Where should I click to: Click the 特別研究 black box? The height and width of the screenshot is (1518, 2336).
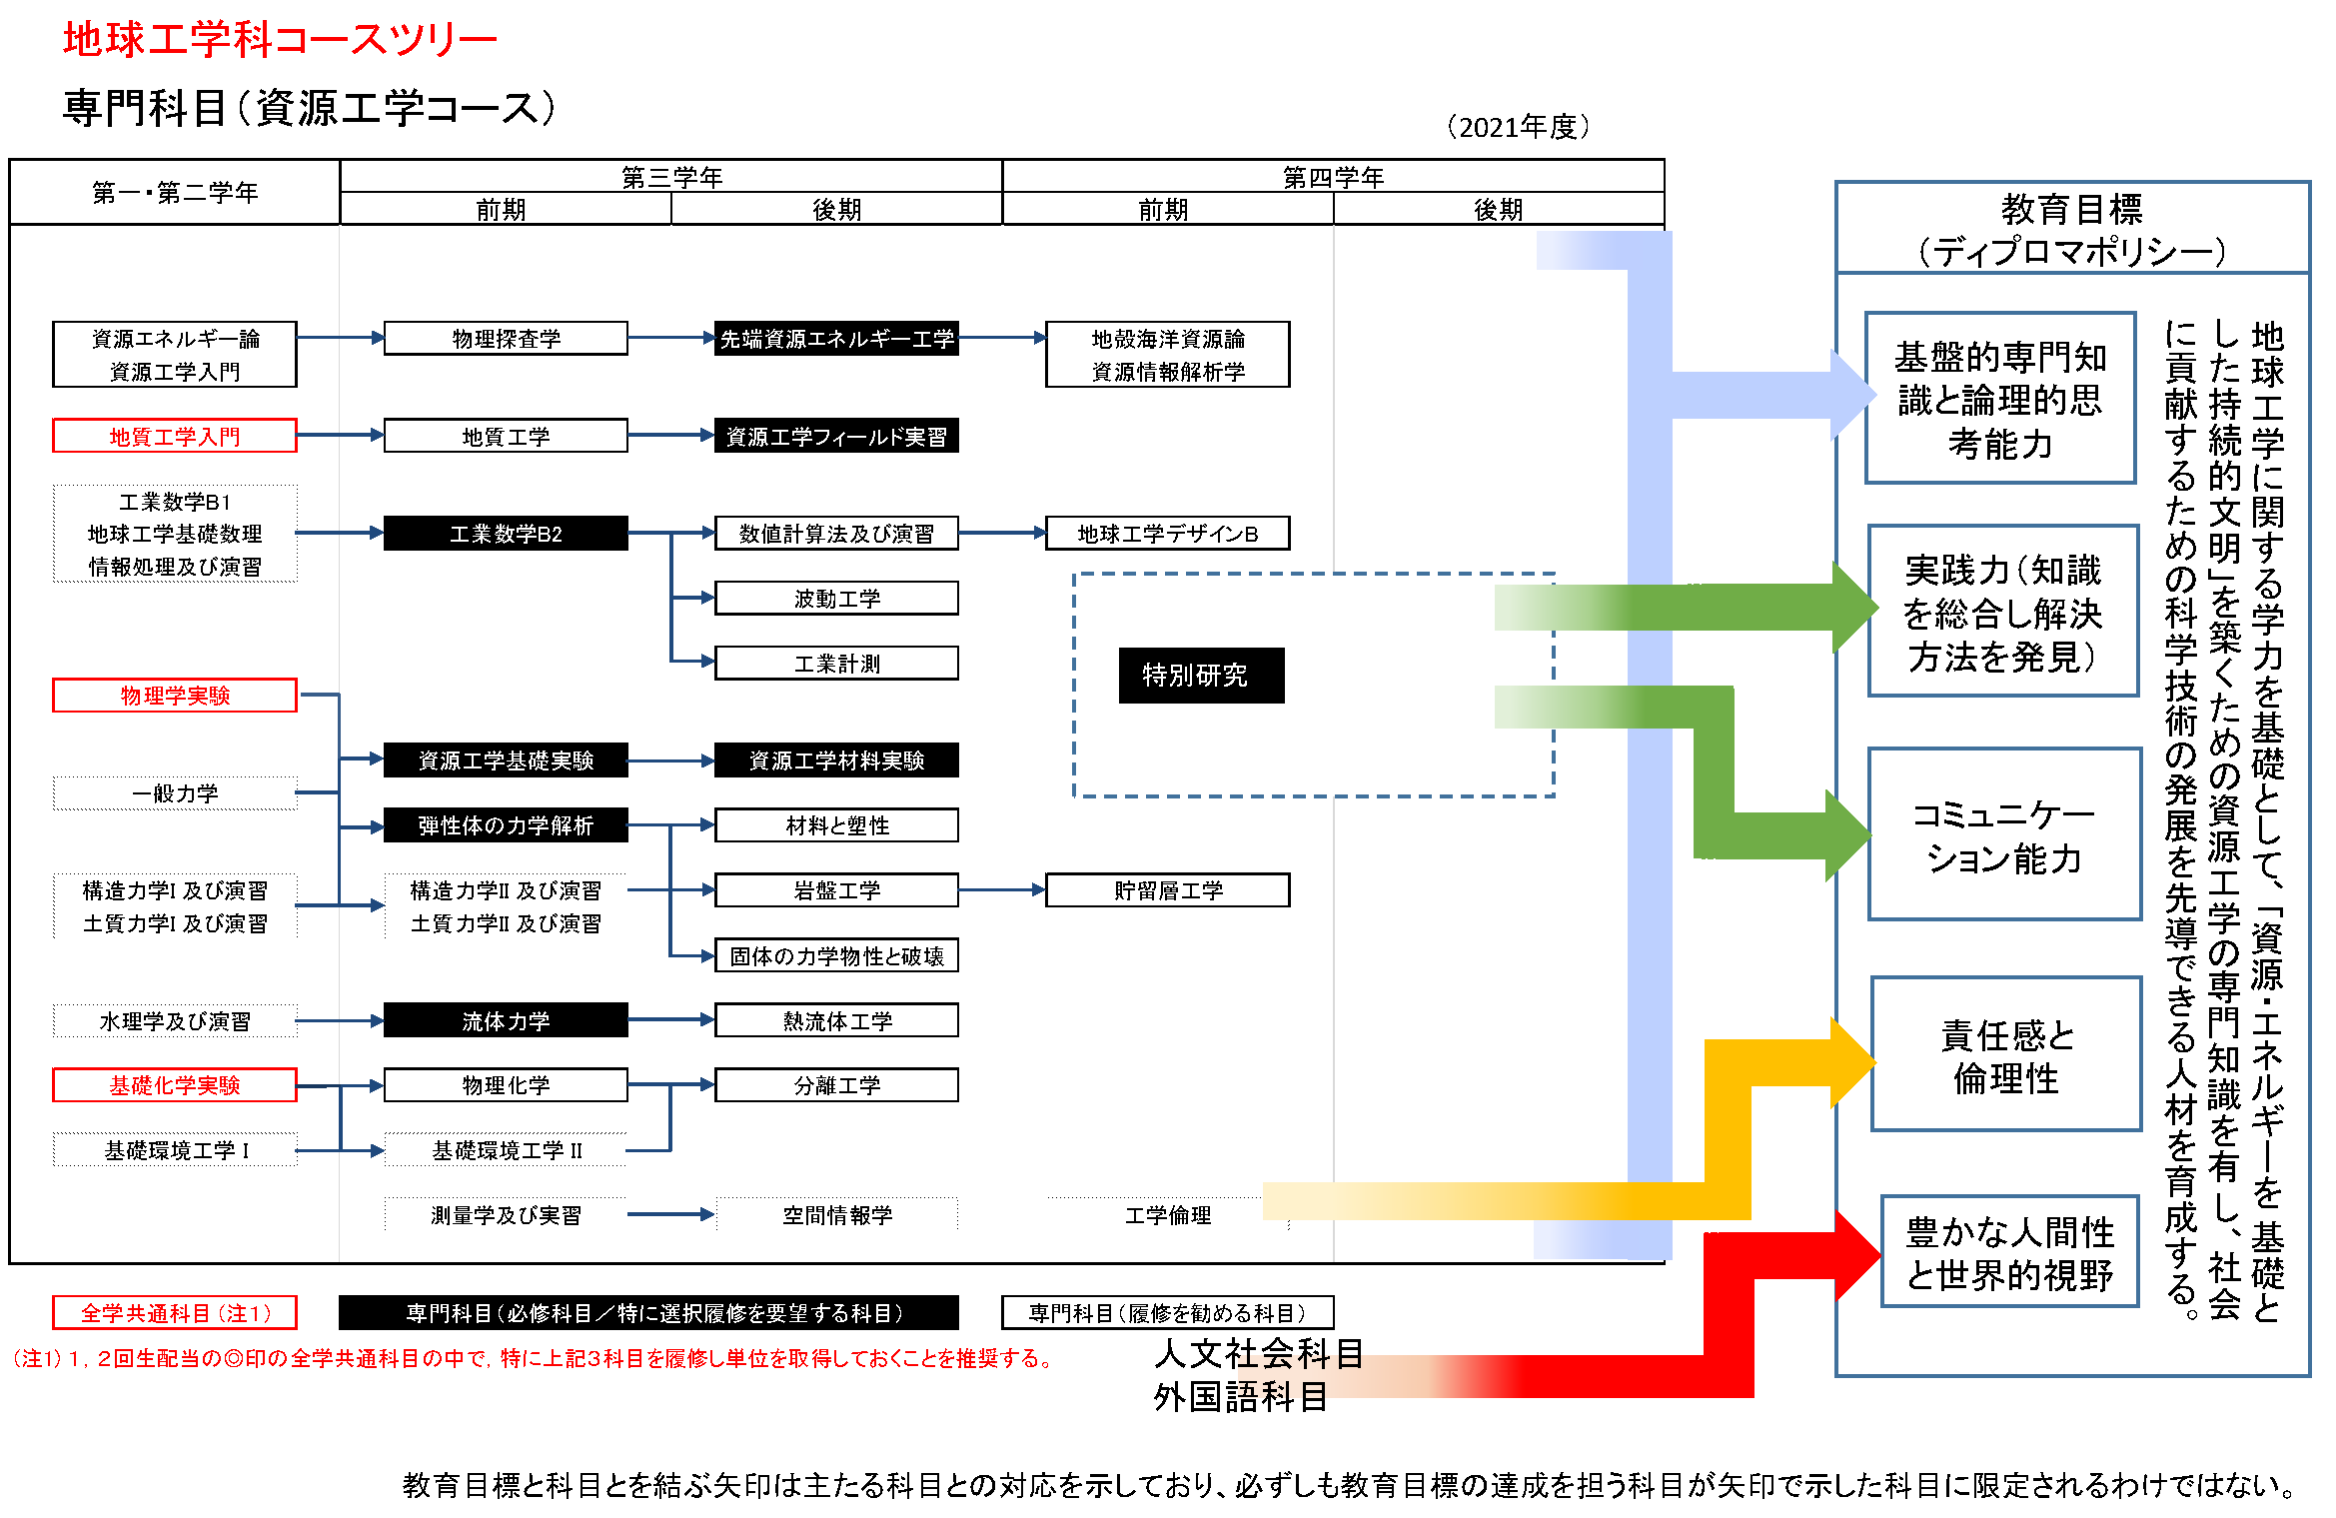tap(1201, 676)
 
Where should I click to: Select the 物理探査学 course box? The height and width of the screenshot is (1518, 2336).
tap(506, 339)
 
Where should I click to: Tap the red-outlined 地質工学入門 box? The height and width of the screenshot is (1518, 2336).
tap(175, 437)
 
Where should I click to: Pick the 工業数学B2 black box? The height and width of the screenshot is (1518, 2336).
tap(506, 534)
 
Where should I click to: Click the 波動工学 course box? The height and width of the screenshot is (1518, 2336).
tap(836, 599)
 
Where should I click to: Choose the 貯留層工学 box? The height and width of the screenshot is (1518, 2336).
tap(1167, 890)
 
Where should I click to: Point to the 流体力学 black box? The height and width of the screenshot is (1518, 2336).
tap(506, 1020)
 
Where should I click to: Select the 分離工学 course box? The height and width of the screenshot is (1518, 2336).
tap(836, 1085)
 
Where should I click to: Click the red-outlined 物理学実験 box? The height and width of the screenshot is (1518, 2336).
tap(175, 696)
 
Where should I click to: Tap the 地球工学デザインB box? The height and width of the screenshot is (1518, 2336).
tap(1167, 534)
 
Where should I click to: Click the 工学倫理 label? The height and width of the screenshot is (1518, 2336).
tap(1167, 1215)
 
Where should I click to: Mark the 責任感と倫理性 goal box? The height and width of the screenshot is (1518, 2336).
tap(2006, 1055)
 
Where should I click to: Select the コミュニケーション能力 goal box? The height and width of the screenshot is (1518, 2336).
tap(2004, 835)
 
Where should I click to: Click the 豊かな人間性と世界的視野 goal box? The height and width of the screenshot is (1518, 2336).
tap(2009, 1252)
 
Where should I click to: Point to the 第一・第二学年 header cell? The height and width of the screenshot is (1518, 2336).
tap(175, 192)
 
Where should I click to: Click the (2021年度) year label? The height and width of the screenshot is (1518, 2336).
tap(1518, 127)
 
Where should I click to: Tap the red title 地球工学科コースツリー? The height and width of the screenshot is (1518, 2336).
tap(280, 40)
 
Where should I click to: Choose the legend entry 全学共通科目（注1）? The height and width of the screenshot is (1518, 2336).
tap(175, 1313)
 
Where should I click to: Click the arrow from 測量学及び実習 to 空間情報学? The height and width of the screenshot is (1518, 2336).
tap(670, 1215)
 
